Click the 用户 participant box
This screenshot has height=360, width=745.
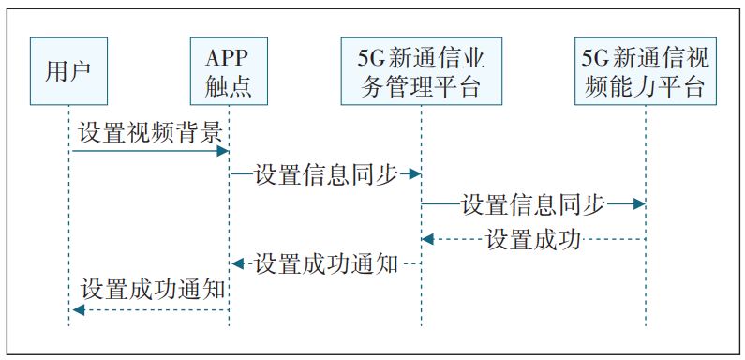pos(68,71)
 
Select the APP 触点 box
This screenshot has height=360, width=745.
pos(229,71)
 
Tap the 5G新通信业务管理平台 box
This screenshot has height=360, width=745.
pos(421,71)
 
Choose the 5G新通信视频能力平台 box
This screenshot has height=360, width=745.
pos(645,71)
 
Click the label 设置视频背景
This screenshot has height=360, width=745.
pos(149,132)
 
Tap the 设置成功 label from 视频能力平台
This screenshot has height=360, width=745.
pos(533,239)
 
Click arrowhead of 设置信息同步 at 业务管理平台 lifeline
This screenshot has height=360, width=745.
pos(415,174)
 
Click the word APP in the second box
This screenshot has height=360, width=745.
pos(229,59)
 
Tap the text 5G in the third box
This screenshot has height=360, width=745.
pos(370,59)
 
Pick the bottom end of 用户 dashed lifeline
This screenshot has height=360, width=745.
pos(68,324)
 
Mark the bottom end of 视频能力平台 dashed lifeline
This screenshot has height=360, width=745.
pos(645,324)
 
